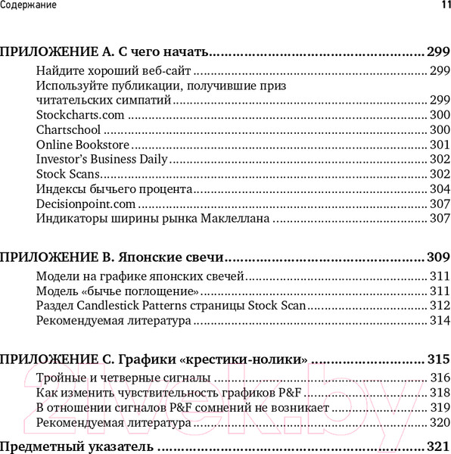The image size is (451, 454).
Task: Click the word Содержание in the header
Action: (28, 5)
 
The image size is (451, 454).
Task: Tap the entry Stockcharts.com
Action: (79, 115)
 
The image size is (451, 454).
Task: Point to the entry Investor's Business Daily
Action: (101, 160)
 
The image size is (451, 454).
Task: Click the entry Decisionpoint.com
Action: (86, 204)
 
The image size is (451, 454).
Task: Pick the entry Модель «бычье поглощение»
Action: (118, 291)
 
